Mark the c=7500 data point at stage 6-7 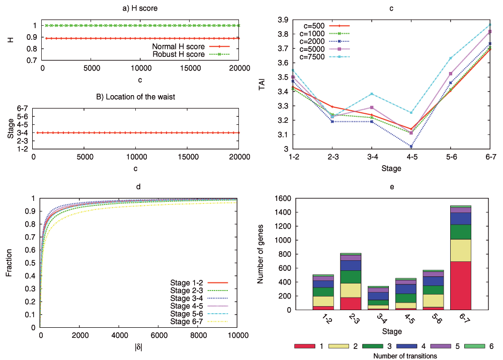click(x=490, y=25)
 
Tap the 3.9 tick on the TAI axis click(x=282, y=20)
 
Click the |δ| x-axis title click(x=138, y=347)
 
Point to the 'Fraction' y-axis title click(x=9, y=262)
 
